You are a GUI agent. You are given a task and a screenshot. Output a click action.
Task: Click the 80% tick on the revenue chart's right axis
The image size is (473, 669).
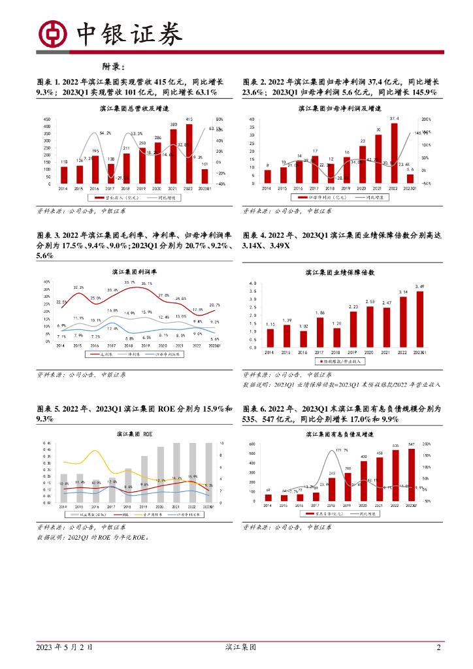coord(220,120)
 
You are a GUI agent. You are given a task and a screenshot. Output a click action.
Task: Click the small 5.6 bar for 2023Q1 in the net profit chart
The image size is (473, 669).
coord(410,179)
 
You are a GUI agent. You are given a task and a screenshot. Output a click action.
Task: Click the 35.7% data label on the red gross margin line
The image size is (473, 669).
coord(129,282)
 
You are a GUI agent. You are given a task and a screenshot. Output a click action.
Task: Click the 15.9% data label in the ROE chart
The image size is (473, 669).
coord(192,477)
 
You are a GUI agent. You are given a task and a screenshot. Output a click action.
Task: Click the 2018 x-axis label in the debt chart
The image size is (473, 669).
coord(331,506)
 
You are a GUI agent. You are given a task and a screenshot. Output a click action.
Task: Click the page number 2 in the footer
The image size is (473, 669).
coord(439,647)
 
